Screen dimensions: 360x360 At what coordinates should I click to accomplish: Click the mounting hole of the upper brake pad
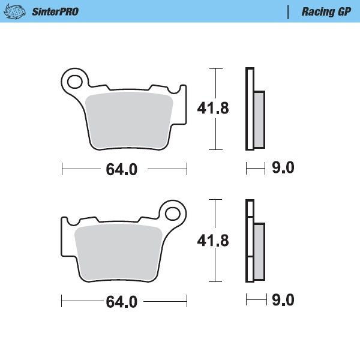(x=75, y=80)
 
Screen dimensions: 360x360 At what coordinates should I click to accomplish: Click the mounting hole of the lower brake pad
(x=173, y=213)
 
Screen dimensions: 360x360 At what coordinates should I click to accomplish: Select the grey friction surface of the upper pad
(x=130, y=119)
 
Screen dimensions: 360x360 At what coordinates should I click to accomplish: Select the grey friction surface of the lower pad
(x=119, y=251)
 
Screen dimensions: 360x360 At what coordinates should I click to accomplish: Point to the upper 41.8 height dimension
(x=213, y=108)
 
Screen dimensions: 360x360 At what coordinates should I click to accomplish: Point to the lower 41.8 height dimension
(x=213, y=241)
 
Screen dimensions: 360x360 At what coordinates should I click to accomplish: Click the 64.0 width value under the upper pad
(x=122, y=170)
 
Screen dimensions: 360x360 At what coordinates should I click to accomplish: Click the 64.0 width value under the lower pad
(x=122, y=302)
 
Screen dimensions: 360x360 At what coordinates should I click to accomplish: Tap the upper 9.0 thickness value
(x=283, y=169)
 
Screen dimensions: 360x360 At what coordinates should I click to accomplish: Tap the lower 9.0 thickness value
(x=283, y=300)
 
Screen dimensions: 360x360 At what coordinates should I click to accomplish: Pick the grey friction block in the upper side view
(x=259, y=120)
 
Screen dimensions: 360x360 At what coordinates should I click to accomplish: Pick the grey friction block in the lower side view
(x=259, y=252)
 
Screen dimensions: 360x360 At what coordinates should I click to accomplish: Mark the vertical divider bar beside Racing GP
(x=290, y=11)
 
